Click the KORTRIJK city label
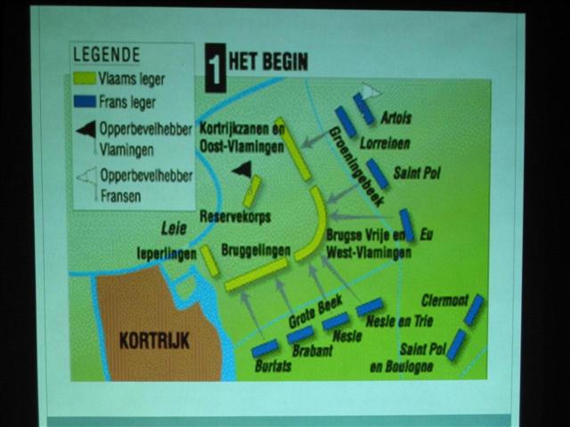tap(155, 341)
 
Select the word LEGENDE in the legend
tap(105, 56)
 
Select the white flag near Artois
tap(370, 91)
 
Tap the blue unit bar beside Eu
tap(406, 225)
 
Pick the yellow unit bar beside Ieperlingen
tap(209, 260)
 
